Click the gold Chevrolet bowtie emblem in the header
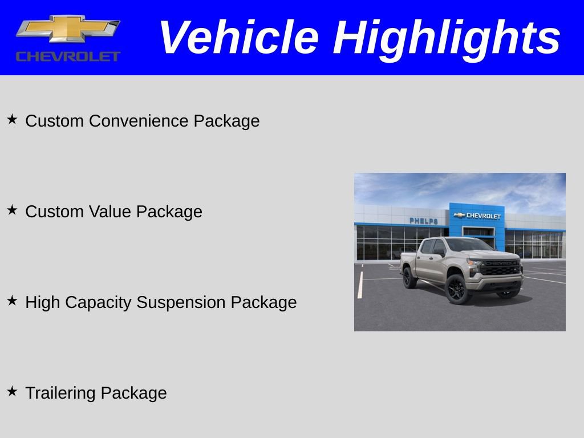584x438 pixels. point(68,28)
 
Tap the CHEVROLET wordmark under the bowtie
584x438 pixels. point(68,56)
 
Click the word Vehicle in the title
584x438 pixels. point(238,38)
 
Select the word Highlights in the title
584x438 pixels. point(447,38)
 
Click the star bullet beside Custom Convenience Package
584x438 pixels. point(12,119)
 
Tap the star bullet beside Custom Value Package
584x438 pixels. point(12,210)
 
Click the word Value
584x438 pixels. point(110,212)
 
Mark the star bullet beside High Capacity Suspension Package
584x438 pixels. point(12,301)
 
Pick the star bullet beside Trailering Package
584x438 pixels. point(12,391)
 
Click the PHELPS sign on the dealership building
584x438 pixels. point(424,221)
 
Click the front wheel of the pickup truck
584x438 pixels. point(457,289)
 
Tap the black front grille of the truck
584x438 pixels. point(500,267)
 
